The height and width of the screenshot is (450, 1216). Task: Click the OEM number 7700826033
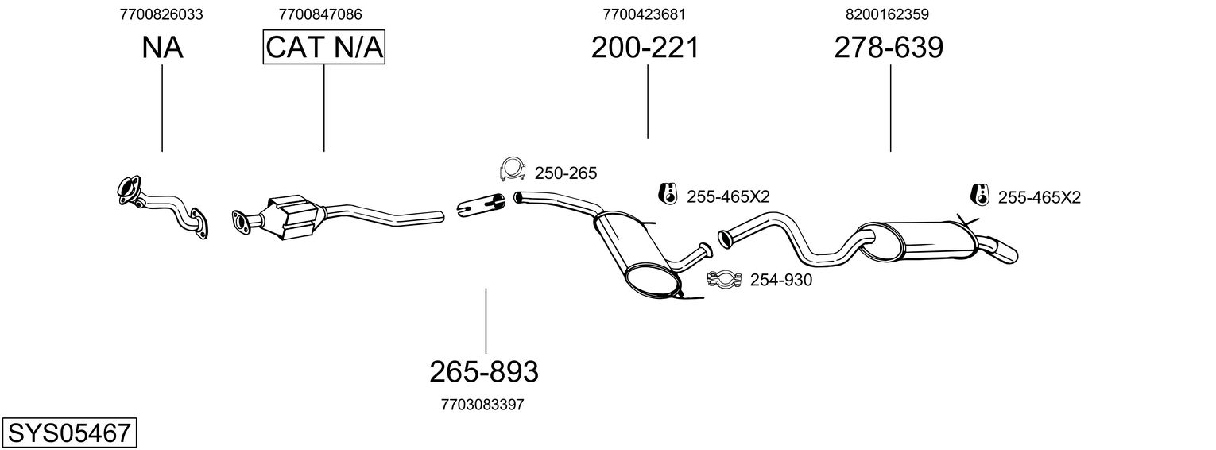(x=161, y=14)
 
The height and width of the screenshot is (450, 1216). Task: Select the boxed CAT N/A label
(x=324, y=47)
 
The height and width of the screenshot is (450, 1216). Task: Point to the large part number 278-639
(x=889, y=48)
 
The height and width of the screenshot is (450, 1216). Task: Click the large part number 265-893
(x=484, y=372)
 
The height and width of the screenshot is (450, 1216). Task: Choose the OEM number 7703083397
(x=482, y=405)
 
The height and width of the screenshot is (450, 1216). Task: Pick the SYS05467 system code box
(x=69, y=433)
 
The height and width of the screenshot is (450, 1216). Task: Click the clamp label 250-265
(x=566, y=173)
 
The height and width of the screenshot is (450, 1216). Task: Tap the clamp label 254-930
(x=781, y=280)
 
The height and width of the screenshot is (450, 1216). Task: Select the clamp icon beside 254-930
(x=724, y=279)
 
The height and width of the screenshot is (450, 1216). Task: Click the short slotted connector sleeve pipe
(x=481, y=205)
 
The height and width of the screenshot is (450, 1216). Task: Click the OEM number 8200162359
(x=887, y=14)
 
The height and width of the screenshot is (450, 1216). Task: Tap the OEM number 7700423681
(x=644, y=14)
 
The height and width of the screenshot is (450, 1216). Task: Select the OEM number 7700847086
(x=320, y=14)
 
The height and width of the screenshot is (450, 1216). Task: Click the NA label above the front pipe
(x=162, y=48)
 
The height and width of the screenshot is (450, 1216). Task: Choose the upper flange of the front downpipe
(x=128, y=190)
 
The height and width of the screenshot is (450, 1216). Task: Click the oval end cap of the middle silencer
(x=653, y=280)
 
